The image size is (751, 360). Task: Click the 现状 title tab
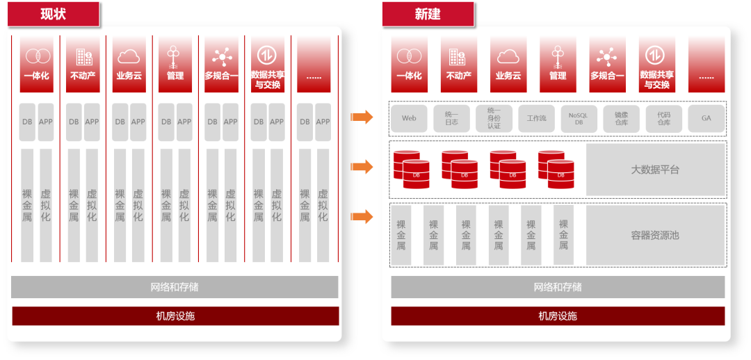pos(54,14)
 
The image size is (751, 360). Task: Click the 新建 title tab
pos(428,14)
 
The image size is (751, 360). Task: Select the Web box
pos(409,119)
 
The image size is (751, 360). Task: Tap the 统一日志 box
pos(451,119)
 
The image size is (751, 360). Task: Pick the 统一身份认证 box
pos(494,119)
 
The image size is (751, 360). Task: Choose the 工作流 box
pos(536,119)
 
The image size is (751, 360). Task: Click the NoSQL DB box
pos(579,119)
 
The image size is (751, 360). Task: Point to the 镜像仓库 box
pos(621,119)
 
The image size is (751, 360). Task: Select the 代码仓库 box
pos(663,119)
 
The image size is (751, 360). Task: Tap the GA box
pos(706,119)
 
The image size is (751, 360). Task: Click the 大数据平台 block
pos(655,170)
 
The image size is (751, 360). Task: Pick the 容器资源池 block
pos(655,235)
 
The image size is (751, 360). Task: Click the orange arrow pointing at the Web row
pos(362,117)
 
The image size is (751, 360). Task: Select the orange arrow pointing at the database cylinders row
pos(362,167)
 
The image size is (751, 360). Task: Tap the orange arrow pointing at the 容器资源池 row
pos(362,217)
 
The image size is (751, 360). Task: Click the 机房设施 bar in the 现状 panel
pos(175,316)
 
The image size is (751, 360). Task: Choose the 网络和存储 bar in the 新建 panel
pos(558,287)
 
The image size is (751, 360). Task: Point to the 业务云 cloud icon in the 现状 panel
pos(129,56)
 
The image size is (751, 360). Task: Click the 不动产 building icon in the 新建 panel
pos(458,56)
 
